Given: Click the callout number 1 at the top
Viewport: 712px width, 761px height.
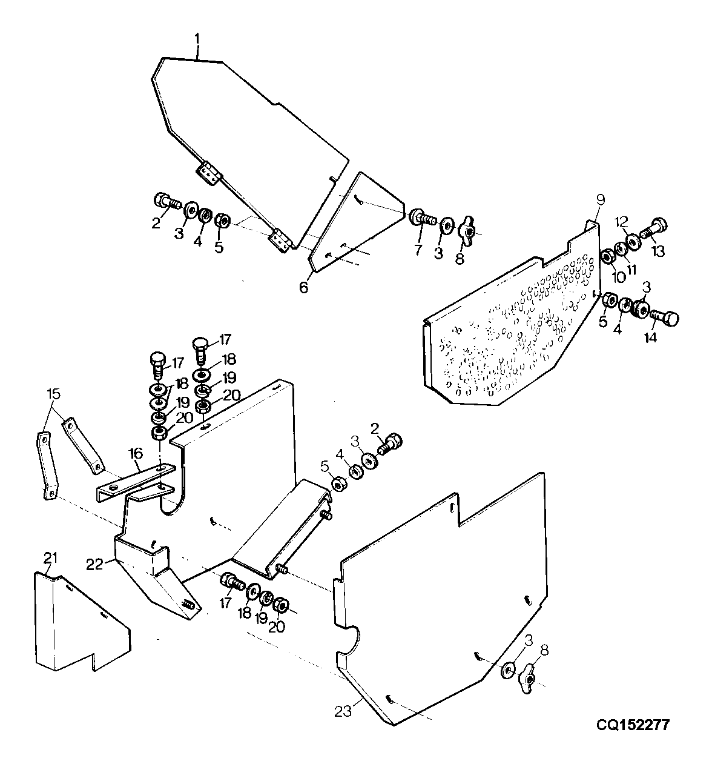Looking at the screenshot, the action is point(197,39).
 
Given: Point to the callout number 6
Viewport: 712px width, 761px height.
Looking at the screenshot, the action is point(303,287).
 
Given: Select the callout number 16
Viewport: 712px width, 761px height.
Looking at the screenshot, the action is point(136,453).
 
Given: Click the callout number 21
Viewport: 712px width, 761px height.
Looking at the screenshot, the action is point(50,558).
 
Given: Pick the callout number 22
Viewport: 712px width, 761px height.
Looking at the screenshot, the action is point(94,565).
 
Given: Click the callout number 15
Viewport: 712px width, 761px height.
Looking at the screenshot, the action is point(54,394).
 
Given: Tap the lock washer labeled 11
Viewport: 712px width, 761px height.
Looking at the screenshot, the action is point(621,250).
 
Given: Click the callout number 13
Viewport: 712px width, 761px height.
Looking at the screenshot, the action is point(658,251).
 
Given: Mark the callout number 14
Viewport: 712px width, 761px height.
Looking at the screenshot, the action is point(650,337).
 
